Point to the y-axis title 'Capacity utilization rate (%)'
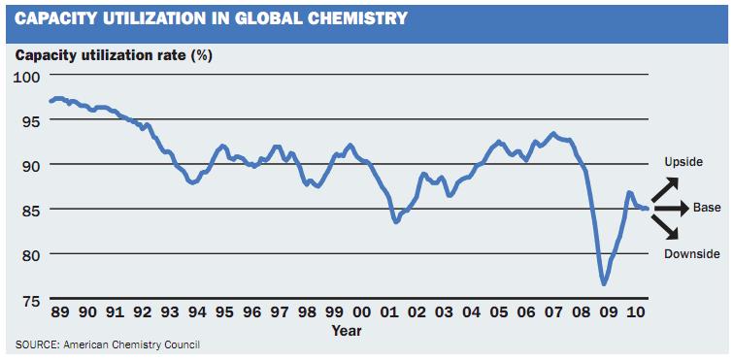tap(115, 54)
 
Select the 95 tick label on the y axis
tap(30, 121)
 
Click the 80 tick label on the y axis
tap(30, 254)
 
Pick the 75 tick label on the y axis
tap(30, 299)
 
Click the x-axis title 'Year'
tap(348, 331)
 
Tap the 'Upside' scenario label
tap(683, 162)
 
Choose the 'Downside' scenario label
tap(691, 254)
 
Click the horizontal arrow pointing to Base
tap(673, 209)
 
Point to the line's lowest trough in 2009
tap(604, 283)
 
